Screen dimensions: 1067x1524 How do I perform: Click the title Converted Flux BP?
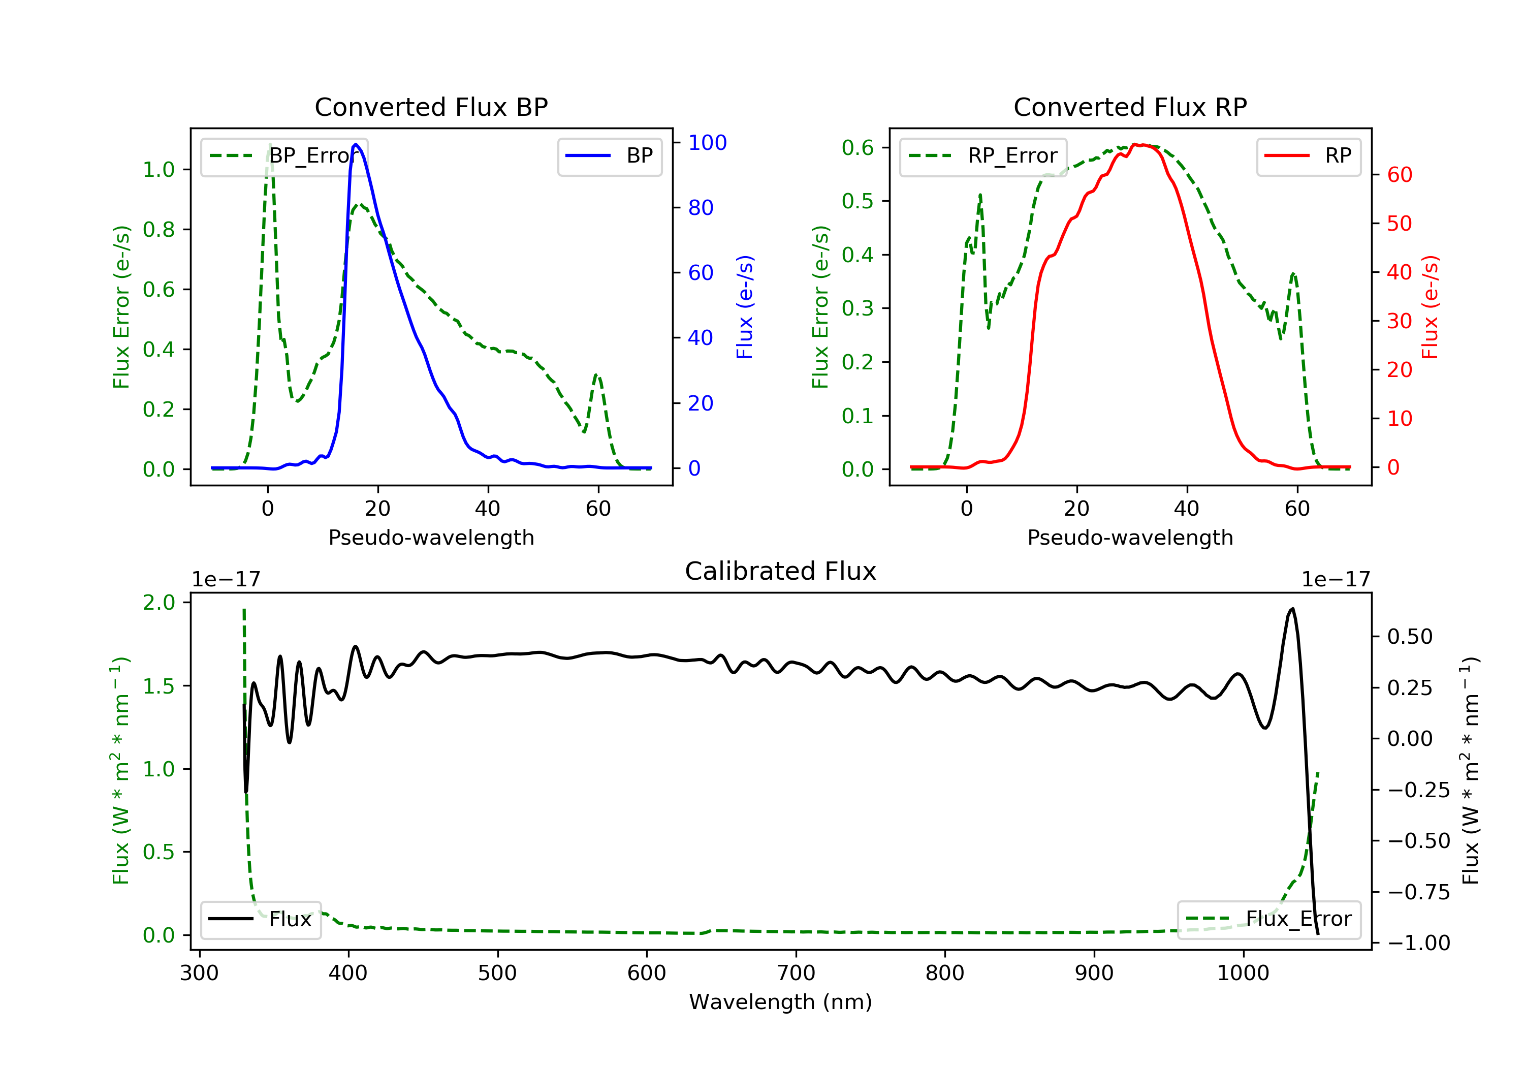[431, 107]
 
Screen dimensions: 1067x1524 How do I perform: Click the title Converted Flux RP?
[1130, 107]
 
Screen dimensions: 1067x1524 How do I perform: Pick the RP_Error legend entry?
[983, 156]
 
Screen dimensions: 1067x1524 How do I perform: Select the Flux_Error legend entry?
[1269, 919]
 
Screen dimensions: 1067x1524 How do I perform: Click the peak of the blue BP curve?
[356, 144]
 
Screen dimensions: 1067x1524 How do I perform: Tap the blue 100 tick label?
[707, 143]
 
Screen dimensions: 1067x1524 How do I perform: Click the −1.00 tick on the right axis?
[1418, 943]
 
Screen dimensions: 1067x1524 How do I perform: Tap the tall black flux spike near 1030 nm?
[1292, 610]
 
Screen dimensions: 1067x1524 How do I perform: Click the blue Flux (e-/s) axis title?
[745, 307]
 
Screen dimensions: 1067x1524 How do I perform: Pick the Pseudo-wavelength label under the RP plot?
[1130, 537]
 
